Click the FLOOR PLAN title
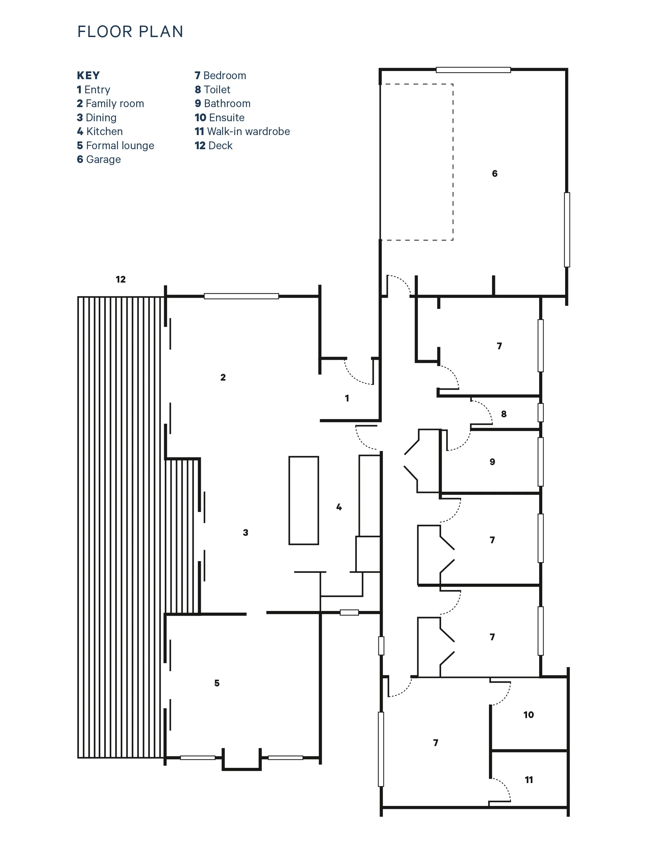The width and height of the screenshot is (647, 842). coord(130,32)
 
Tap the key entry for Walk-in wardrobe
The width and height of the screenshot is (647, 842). coord(242,132)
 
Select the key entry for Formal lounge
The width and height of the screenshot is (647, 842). coord(116,145)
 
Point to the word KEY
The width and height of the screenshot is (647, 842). coord(88,75)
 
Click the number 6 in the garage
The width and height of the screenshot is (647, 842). coord(494,173)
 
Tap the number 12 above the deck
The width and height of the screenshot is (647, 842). coord(121,280)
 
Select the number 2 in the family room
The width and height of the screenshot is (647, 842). coord(223,378)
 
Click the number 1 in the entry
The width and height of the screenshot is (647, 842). coord(347,398)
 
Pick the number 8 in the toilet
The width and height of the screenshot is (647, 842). coord(504,414)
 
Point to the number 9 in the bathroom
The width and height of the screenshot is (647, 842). coord(492,462)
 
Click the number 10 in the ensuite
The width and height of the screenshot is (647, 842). coord(528,715)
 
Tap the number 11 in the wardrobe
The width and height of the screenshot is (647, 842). coord(529,780)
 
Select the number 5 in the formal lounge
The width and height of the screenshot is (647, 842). coord(217,683)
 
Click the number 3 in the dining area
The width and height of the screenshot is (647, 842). coord(245,532)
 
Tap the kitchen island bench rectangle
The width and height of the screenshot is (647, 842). coord(304,500)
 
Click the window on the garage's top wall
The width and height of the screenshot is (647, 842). coord(473,70)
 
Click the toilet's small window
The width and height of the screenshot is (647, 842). coord(541,413)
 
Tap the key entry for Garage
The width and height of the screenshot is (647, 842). coord(99,160)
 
